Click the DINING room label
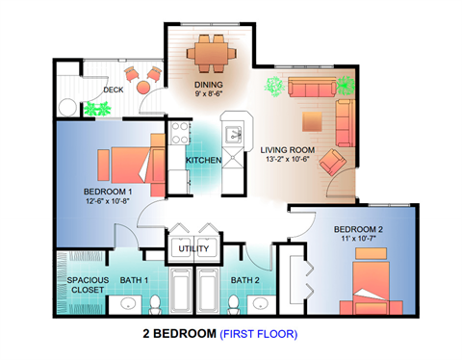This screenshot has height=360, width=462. pos(209,85)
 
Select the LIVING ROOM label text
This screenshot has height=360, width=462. pos(288,149)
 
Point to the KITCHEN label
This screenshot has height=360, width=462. pos(204,160)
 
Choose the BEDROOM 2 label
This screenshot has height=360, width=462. pos(360,229)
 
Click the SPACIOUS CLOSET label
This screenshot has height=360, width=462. pos(88,285)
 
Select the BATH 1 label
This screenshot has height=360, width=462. pos(136,280)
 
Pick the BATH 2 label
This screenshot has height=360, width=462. pos(244,280)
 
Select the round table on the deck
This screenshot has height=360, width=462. pos(143,89)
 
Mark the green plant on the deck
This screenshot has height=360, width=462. pos(94,109)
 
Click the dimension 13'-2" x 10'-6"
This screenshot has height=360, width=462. pos(289,160)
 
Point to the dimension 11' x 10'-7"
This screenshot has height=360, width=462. pos(358,240)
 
